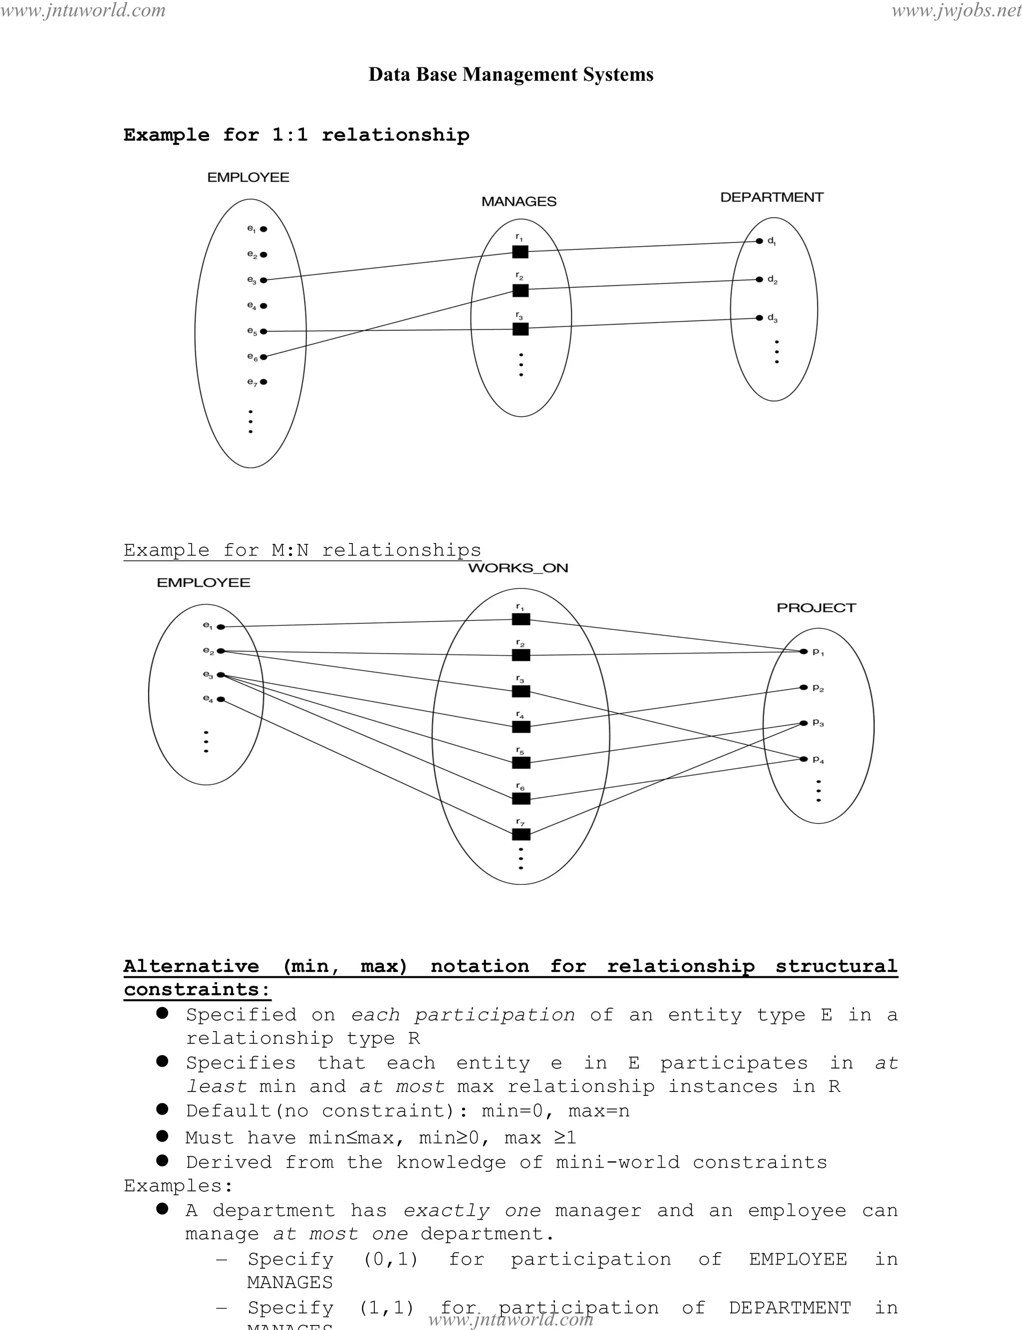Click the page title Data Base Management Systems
[x=511, y=74]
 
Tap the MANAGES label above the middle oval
[x=519, y=202]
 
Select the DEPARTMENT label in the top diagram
[x=771, y=197]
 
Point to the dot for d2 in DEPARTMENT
[x=759, y=280]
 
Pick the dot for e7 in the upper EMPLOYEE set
[x=263, y=382]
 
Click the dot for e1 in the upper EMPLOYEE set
[x=263, y=230]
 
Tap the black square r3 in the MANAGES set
[x=520, y=329]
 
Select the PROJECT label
[x=816, y=608]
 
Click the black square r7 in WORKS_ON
[x=521, y=834]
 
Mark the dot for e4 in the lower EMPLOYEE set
[x=221, y=700]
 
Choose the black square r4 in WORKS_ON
[x=521, y=727]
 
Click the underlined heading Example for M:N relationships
[x=302, y=550]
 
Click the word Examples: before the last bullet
[x=178, y=1186]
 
